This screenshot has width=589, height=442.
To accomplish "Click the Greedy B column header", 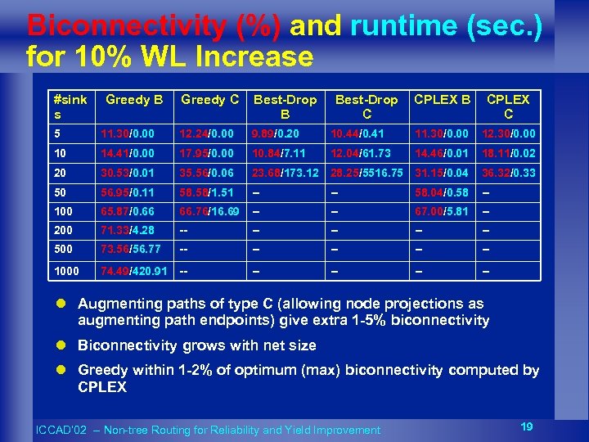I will [134, 100].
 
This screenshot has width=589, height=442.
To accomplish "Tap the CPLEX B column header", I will [443, 100].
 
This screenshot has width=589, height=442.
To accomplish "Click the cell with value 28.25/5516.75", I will [366, 173].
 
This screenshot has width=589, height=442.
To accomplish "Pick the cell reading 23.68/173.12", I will [286, 173].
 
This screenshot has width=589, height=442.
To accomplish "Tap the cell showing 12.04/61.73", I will [361, 152].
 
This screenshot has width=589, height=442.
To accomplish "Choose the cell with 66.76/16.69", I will [209, 212].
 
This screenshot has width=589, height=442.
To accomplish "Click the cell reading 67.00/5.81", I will [442, 212].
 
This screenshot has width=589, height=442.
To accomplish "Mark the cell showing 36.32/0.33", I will [509, 173].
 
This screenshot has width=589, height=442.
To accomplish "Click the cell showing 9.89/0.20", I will [276, 133].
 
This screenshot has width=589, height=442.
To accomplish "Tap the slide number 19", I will [528, 426].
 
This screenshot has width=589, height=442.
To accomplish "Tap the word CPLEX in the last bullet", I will [102, 386].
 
